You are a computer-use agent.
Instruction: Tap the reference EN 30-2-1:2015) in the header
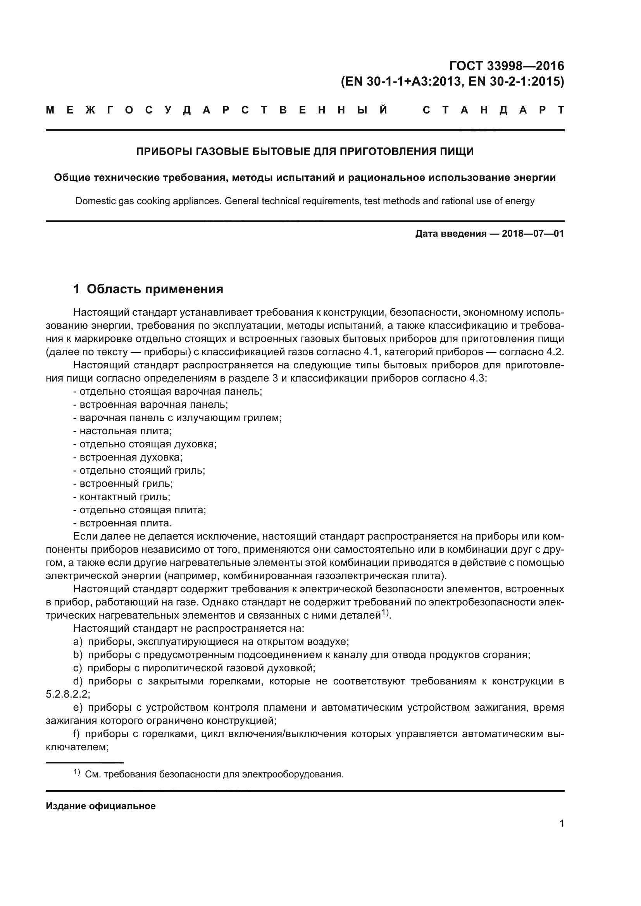pyautogui.click(x=516, y=82)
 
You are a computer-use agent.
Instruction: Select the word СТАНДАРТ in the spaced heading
pyautogui.click(x=493, y=110)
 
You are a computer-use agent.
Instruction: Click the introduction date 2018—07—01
pyautogui.click(x=532, y=234)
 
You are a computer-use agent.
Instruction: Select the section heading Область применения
pyautogui.click(x=155, y=289)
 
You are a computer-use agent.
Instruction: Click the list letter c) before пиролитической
pyautogui.click(x=78, y=668)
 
